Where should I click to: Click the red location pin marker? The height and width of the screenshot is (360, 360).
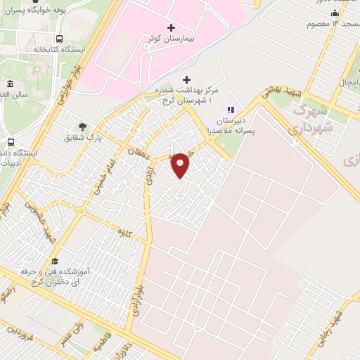181,164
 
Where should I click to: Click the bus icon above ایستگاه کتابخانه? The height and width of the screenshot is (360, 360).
59,39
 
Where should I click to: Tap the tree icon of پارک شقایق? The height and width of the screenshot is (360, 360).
84,127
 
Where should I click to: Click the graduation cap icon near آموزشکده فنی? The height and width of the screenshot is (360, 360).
53,261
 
